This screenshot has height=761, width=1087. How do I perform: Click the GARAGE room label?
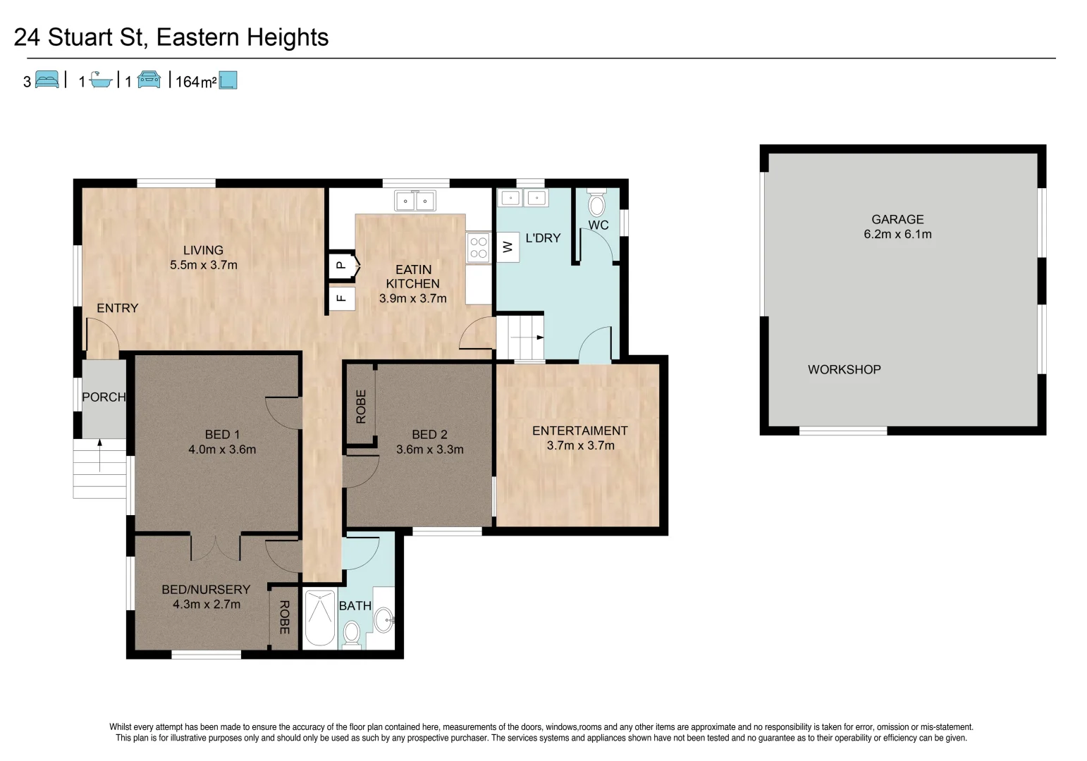tap(897, 219)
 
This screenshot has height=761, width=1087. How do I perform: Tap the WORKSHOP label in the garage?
tap(844, 369)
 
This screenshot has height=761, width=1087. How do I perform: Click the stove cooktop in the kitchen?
tap(479, 247)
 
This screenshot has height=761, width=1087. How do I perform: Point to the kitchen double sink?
tap(414, 201)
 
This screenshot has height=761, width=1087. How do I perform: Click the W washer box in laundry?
tap(508, 247)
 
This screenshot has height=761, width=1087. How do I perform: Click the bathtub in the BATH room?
tap(319, 618)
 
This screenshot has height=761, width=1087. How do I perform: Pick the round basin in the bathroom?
tap(383, 619)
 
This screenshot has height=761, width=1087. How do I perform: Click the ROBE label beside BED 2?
tap(361, 407)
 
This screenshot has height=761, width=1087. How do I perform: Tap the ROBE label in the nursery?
tap(284, 617)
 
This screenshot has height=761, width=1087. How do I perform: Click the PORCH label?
tap(104, 397)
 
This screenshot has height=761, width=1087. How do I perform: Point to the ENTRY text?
tap(117, 308)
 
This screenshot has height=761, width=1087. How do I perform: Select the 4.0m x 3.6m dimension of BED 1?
tap(222, 449)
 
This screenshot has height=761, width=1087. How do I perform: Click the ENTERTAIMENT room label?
tap(579, 431)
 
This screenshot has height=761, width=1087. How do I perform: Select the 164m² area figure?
tap(195, 82)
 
